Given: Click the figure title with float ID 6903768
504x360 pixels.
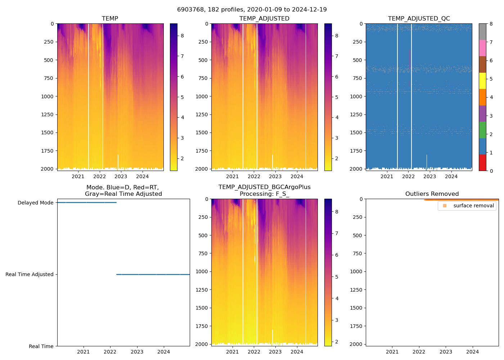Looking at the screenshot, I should tap(252, 10).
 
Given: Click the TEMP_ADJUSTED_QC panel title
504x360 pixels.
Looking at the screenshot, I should tap(419, 19).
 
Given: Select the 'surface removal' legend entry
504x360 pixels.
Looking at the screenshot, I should tap(473, 206).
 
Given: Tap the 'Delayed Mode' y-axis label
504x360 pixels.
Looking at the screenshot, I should tap(35, 203).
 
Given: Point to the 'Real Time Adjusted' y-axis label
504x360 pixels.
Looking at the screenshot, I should tap(29, 274).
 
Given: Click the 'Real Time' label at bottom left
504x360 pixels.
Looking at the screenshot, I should tap(41, 346).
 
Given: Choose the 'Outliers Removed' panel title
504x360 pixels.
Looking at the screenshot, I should tap(432, 194).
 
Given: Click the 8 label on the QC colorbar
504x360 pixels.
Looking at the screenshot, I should tap(491, 24).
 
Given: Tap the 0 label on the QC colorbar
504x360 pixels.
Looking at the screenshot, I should tap(491, 171).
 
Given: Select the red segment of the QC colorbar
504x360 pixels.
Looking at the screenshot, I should tap(482, 163).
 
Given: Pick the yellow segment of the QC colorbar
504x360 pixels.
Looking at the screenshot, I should tap(482, 81).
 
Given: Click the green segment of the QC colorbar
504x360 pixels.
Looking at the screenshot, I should tap(482, 130).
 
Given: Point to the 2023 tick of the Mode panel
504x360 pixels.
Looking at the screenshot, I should tap(137, 352).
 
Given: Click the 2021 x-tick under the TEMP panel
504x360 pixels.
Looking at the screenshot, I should tap(78, 176).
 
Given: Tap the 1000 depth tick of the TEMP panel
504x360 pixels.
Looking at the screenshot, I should tap(47, 96).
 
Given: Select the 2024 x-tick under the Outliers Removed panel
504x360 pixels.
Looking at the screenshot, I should tap(472, 352).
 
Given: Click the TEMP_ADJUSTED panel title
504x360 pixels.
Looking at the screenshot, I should tap(264, 19).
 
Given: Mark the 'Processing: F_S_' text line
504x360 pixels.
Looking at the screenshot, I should tap(264, 194).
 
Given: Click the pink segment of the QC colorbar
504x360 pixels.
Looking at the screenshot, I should tap(482, 48).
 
